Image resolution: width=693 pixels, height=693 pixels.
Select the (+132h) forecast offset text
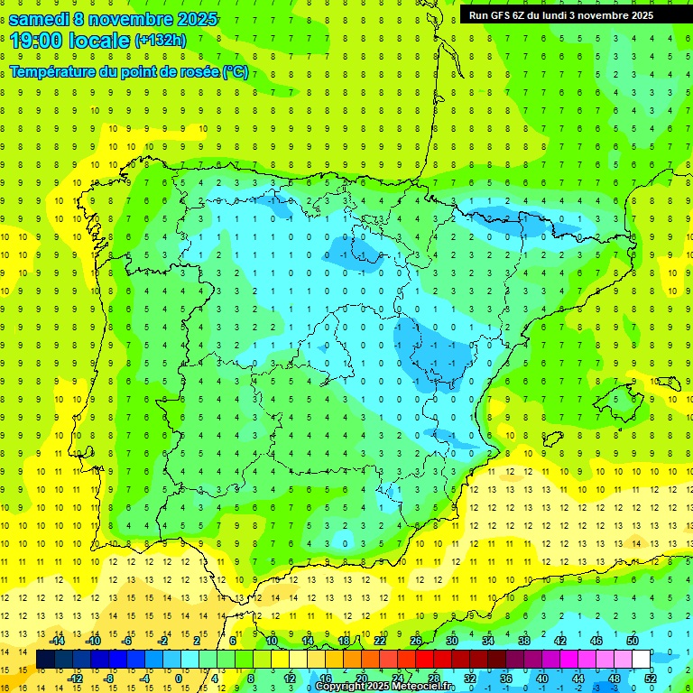click(x=161, y=41)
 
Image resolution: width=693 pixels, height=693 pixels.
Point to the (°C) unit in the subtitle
click(x=235, y=72)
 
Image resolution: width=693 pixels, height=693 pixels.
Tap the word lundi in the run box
click(x=562, y=14)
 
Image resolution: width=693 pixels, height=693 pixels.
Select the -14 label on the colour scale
click(x=58, y=641)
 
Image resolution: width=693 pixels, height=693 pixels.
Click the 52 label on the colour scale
click(x=651, y=678)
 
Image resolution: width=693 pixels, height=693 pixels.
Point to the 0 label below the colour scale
click(x=178, y=678)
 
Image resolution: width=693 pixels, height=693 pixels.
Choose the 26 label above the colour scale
click(x=415, y=641)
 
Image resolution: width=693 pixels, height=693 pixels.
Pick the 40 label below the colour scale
click(x=542, y=678)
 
